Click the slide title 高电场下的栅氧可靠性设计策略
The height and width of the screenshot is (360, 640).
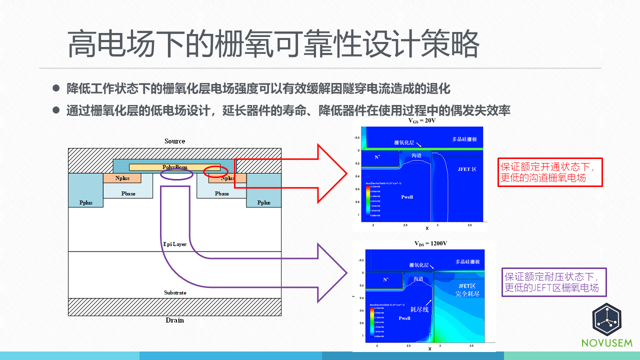point(273,45)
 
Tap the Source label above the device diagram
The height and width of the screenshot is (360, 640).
point(175,141)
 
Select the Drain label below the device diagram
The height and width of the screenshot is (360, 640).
point(175,320)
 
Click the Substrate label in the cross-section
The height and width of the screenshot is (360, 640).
point(175,292)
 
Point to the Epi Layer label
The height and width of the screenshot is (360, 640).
point(175,244)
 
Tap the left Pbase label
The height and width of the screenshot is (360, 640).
point(128,193)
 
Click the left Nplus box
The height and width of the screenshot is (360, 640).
point(122,178)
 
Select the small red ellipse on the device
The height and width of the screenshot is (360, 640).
point(215,171)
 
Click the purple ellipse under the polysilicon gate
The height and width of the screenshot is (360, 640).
point(176,174)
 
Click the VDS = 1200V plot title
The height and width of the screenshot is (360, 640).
point(430,243)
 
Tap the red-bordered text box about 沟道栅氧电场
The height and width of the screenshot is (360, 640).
point(550,172)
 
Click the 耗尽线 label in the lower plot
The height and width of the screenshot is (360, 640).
point(419,309)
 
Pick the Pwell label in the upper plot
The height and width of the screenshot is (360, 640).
point(407,197)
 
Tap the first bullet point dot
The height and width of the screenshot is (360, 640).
point(56,88)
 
